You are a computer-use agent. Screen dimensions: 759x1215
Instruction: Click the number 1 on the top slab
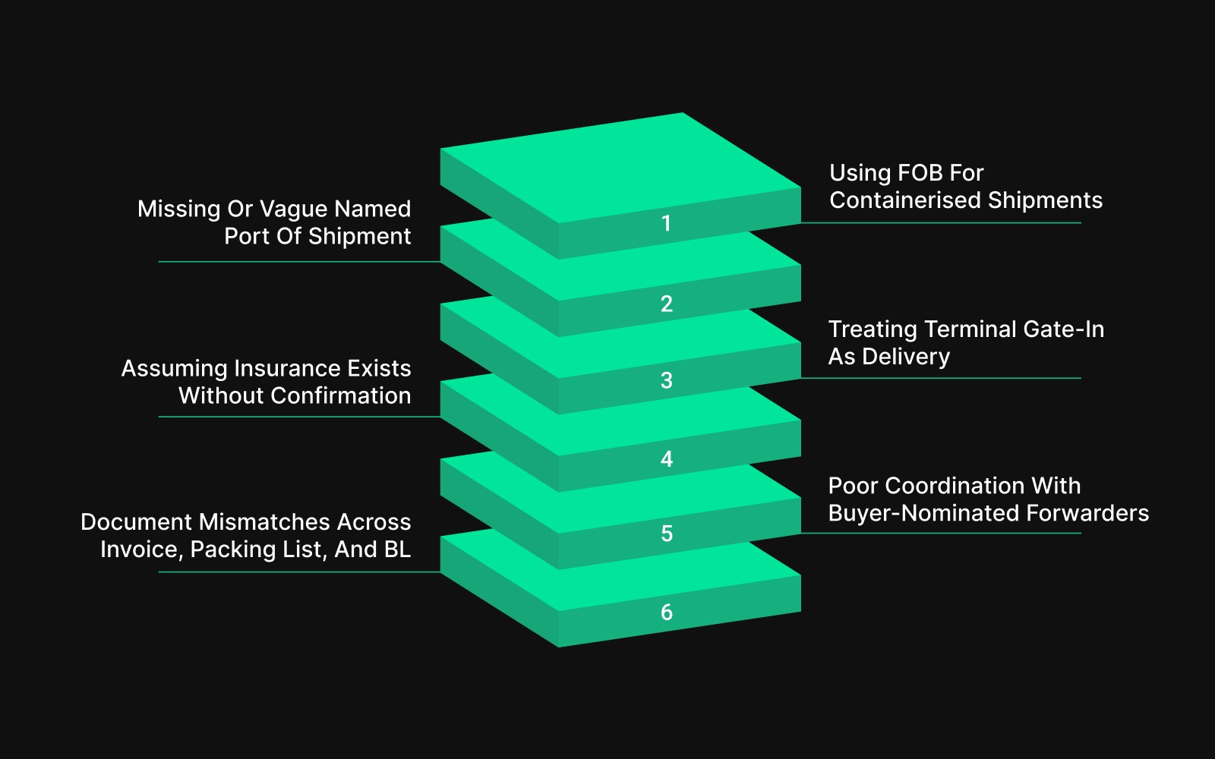click(666, 223)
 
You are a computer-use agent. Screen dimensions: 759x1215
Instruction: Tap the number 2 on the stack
click(666, 304)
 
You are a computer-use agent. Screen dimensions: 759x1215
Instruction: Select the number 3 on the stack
click(666, 380)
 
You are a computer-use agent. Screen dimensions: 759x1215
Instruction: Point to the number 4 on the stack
click(666, 458)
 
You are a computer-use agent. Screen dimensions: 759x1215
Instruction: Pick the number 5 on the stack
click(666, 534)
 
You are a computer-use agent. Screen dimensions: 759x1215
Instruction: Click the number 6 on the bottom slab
click(666, 612)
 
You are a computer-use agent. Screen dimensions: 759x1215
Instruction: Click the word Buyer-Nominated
click(923, 513)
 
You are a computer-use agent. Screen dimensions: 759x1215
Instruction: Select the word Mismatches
click(264, 522)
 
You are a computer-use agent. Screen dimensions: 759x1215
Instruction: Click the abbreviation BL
click(397, 550)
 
